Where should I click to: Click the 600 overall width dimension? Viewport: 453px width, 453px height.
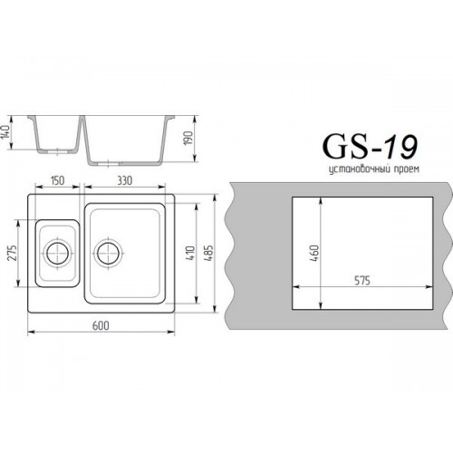101,325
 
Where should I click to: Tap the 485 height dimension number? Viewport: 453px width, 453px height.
209,253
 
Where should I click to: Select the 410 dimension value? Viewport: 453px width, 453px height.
191,254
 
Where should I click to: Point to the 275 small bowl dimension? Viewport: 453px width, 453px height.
12,253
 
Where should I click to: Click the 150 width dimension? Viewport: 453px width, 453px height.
57,180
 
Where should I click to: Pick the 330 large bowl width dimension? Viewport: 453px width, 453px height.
125,180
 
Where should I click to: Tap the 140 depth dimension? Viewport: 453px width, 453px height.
6,132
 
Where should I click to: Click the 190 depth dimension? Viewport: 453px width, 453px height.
188,138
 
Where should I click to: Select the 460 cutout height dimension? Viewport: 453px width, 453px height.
314,253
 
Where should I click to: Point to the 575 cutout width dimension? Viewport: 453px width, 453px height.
361,281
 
